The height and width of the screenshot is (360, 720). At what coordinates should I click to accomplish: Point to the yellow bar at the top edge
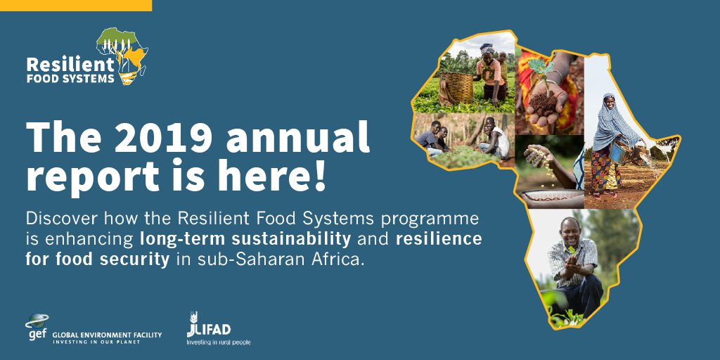pos(76,5)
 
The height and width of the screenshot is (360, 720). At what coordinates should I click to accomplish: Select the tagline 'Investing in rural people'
pos(218,342)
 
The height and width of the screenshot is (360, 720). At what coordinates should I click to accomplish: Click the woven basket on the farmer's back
pos(455,86)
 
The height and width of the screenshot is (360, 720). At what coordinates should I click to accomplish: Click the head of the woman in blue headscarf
pos(609,104)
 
